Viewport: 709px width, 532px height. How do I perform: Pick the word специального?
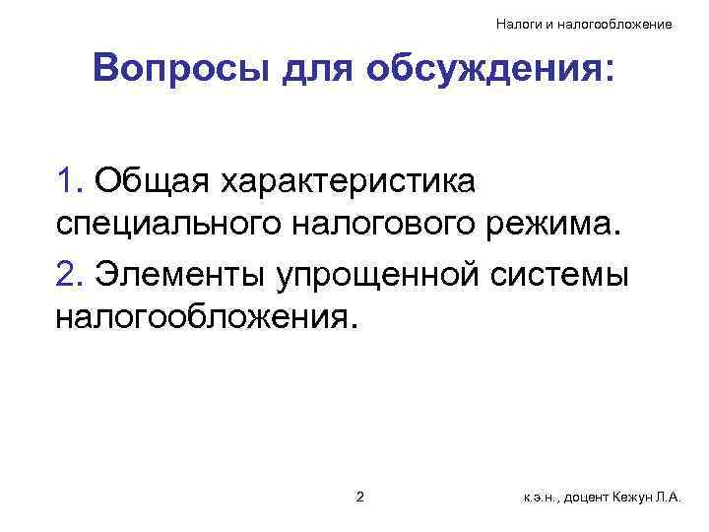point(167,228)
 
